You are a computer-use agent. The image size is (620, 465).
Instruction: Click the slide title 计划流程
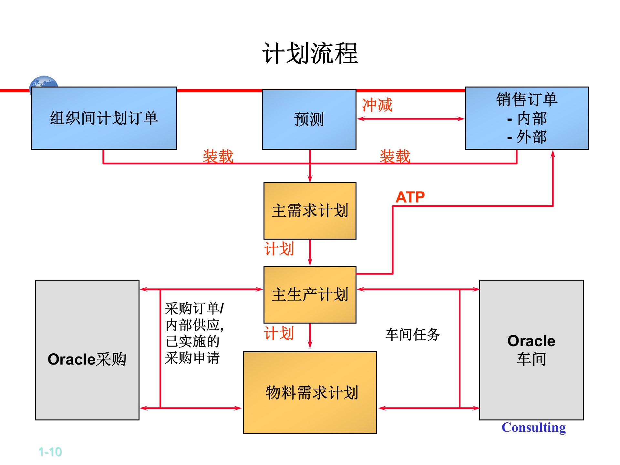tap(310, 53)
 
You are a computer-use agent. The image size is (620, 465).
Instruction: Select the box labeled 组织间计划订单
tap(104, 118)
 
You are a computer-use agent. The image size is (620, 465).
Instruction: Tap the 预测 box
tap(309, 119)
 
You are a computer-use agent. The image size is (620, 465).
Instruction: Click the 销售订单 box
tap(527, 118)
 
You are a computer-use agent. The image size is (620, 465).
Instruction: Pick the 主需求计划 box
tap(310, 211)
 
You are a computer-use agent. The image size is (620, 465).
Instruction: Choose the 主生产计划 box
tap(310, 294)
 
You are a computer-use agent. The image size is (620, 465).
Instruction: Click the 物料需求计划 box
tap(310, 392)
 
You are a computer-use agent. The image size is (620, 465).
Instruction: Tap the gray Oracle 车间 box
tap(531, 350)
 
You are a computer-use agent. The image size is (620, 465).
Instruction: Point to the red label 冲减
tap(377, 105)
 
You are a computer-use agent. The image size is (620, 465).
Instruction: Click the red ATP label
tap(410, 197)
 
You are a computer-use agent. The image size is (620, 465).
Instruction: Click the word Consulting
tap(533, 427)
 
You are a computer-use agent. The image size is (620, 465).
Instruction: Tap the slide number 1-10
tap(50, 452)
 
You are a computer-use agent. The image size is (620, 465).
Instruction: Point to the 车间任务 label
tap(412, 335)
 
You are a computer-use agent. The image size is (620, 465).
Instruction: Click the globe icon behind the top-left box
tap(44, 82)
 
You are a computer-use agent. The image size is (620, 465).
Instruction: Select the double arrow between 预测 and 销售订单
tap(410, 119)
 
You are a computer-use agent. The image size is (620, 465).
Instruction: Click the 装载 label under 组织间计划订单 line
tap(218, 156)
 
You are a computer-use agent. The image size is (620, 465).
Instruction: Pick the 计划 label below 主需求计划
tap(279, 249)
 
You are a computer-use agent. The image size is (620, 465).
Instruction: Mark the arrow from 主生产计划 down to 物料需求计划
tap(310, 336)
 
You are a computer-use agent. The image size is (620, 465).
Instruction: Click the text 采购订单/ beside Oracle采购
tap(194, 308)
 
